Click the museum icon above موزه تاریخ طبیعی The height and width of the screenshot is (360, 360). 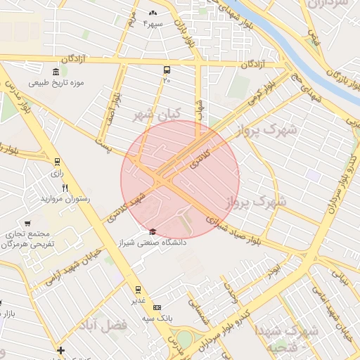pyautogui.click(x=56, y=71)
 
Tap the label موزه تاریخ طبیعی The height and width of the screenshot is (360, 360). pyautogui.click(x=56, y=82)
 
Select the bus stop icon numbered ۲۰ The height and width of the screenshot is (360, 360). pyautogui.click(x=167, y=70)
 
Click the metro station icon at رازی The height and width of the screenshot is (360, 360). pyautogui.click(x=56, y=161)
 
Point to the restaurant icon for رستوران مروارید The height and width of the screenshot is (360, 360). pyautogui.click(x=65, y=188)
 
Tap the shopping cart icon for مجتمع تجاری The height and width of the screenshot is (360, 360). pyautogui.click(x=27, y=224)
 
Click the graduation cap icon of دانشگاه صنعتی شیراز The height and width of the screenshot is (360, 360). pyautogui.click(x=152, y=231)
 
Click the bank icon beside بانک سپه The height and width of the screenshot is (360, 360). pyautogui.click(x=156, y=307)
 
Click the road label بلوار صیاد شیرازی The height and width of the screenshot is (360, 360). pyautogui.click(x=236, y=229)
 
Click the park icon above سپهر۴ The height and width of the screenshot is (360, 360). pyautogui.click(x=153, y=13)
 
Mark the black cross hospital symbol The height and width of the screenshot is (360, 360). pyautogui.click(x=61, y=350)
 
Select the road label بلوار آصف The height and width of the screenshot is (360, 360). pyautogui.click(x=112, y=105)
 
